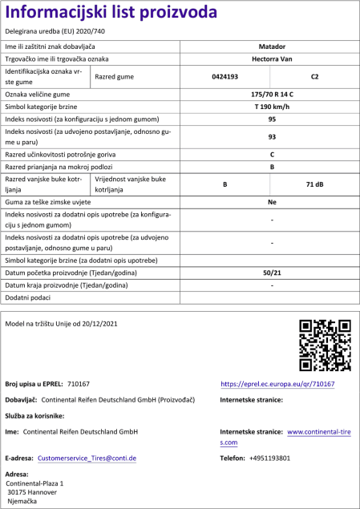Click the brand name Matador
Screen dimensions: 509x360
(x=272, y=48)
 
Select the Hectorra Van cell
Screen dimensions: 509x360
(x=272, y=59)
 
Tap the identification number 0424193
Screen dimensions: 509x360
(x=225, y=77)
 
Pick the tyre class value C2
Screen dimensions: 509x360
(x=314, y=77)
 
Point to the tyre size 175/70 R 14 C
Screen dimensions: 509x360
(x=272, y=95)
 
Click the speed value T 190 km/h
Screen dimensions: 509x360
(x=272, y=107)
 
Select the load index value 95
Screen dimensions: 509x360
(x=272, y=119)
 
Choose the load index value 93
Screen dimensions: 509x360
(x=272, y=136)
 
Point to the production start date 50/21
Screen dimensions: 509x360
(x=272, y=274)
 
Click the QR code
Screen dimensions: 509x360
(x=324, y=345)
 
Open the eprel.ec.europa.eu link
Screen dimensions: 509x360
(x=277, y=385)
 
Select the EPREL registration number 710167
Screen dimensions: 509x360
(x=79, y=385)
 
